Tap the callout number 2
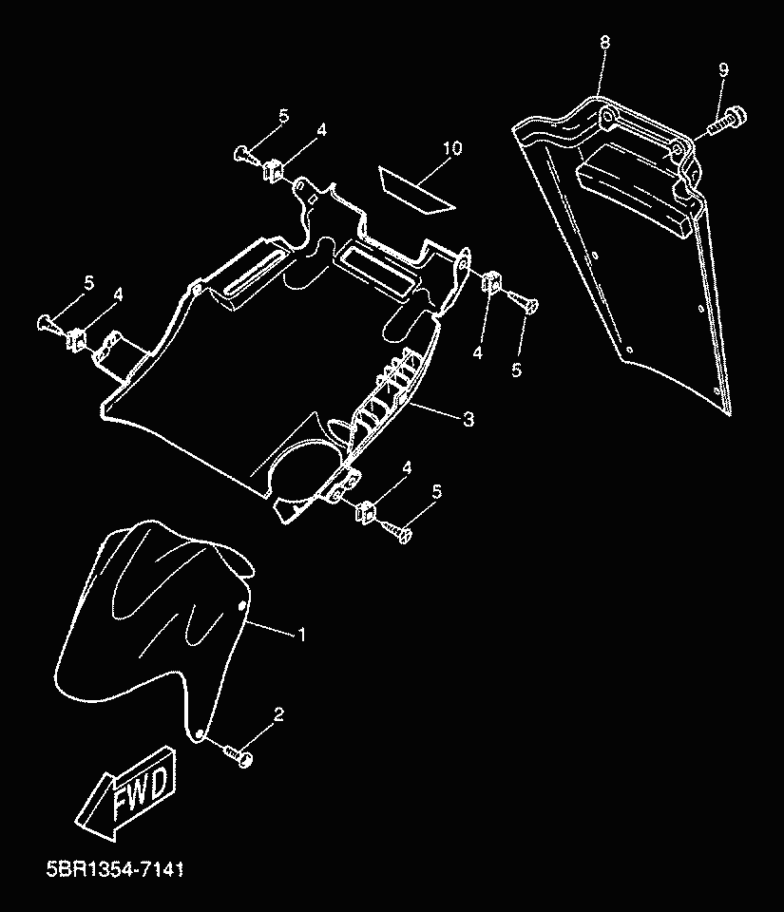pos(279,713)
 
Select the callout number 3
pos(468,419)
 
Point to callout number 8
pos(604,44)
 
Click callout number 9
pos(723,70)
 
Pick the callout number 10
pos(451,148)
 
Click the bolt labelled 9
pos(729,121)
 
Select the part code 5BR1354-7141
pos(113,868)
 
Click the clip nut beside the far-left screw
pos(78,336)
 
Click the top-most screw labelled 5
pos(245,152)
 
